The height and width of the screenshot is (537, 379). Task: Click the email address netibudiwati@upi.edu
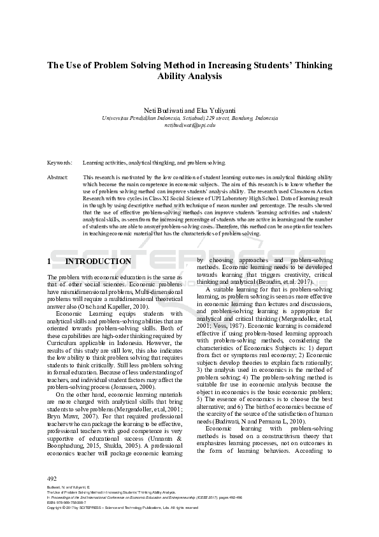tap(190, 125)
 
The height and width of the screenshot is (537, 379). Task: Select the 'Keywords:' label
tap(61, 163)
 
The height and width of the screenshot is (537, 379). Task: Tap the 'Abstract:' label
tap(59, 177)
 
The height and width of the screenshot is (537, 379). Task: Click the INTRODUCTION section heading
tap(98, 261)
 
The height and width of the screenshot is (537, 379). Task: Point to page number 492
tap(53, 478)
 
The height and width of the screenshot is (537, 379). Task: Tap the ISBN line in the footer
tap(67, 502)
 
